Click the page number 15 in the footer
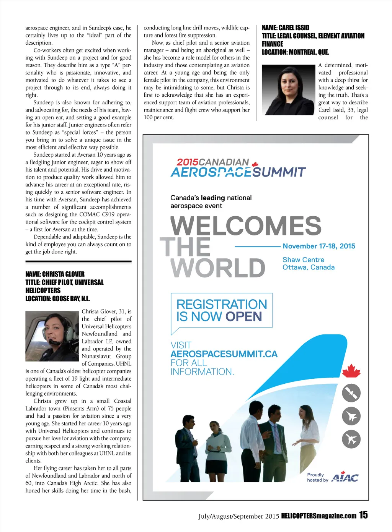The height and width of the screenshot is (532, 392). [x=363, y=515]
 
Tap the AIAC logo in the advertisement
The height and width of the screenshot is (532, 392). [x=345, y=477]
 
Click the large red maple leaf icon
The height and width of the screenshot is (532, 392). [x=351, y=371]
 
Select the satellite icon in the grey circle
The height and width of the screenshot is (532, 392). [x=351, y=393]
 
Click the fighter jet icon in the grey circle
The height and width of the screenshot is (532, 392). [x=351, y=416]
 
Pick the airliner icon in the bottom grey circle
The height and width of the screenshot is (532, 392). [x=351, y=439]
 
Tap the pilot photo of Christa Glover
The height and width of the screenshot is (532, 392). [x=52, y=336]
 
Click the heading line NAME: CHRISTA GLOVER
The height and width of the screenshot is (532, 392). [x=55, y=274]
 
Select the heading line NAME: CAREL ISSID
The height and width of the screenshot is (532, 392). [x=286, y=28]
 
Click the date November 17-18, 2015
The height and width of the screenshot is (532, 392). [x=319, y=246]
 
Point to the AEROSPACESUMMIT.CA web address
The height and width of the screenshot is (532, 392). [x=224, y=354]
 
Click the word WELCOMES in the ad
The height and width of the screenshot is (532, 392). [x=246, y=226]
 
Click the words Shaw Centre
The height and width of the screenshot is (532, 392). [x=303, y=260]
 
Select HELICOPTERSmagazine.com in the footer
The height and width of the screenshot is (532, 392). [x=318, y=516]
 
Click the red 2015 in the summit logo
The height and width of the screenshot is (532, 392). [x=187, y=162]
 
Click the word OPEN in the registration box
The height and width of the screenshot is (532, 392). [x=244, y=316]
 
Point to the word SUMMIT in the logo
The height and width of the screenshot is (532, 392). [x=279, y=172]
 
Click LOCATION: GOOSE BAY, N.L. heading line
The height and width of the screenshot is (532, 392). [x=58, y=298]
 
